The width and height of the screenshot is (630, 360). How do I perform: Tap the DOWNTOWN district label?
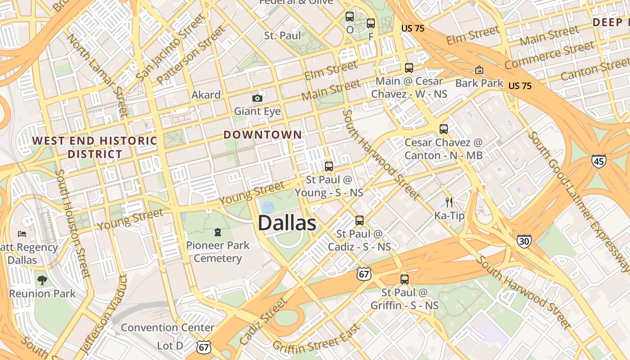tap(263, 135)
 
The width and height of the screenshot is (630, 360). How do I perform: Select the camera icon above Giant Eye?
tap(257, 98)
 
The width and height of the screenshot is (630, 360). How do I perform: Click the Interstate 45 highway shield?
tap(599, 161)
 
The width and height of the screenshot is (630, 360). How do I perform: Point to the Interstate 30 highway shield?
tap(524, 241)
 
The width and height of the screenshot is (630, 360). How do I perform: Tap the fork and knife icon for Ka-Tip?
tap(449, 202)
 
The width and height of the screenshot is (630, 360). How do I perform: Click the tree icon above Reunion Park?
tap(42, 280)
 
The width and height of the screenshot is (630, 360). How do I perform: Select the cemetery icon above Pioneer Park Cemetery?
tap(218, 232)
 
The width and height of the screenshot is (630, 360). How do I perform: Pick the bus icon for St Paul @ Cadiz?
tap(359, 220)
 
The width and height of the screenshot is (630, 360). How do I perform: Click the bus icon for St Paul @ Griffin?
tap(405, 279)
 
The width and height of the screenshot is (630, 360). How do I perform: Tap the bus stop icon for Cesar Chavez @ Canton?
tap(444, 129)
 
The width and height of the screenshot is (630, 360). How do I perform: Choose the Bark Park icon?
tap(479, 70)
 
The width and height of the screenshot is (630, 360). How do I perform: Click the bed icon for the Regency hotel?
tap(22, 234)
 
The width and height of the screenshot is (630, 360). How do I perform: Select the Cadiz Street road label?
tap(264, 321)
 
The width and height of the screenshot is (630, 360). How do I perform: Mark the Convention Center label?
tap(167, 327)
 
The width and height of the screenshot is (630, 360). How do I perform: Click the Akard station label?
tap(206, 95)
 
